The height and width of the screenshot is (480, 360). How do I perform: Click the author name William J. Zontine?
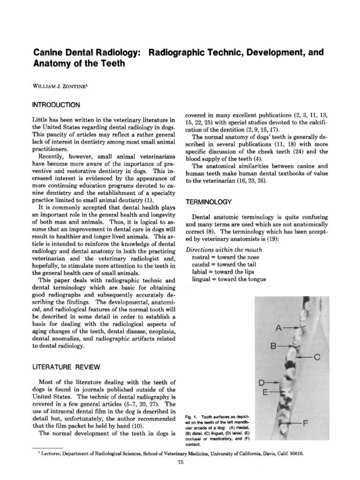[65, 86]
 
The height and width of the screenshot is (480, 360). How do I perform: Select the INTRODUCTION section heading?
[57, 104]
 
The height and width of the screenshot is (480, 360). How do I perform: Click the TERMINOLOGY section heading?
[210, 202]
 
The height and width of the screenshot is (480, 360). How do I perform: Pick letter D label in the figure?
[262, 382]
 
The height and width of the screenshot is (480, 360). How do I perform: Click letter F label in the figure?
[306, 423]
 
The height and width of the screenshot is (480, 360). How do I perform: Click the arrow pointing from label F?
[294, 423]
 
